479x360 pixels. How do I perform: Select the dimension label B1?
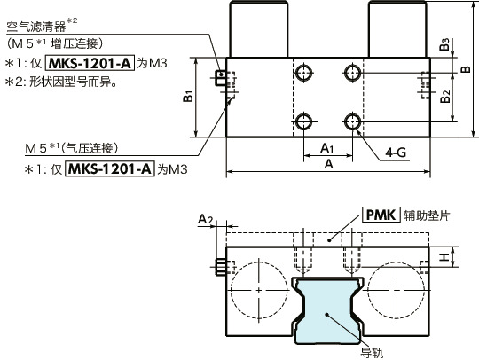tap(188, 96)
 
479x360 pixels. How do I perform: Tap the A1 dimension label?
tap(326, 147)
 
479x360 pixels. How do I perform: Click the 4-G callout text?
tap(396, 153)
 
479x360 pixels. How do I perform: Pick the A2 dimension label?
tap(205, 218)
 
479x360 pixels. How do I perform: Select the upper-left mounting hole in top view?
tap(304, 72)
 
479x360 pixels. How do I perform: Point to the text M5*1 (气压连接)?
tap(83, 147)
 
